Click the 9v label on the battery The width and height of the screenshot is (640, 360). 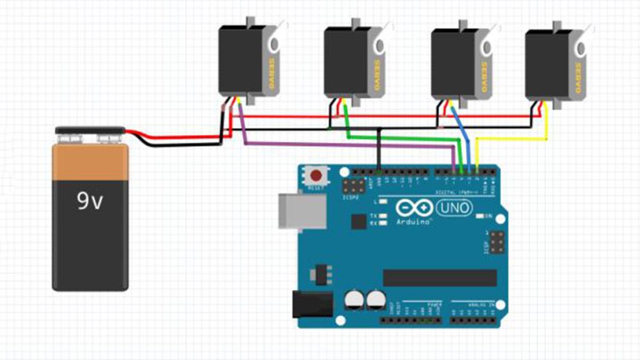90,201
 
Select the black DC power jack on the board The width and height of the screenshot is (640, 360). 312,304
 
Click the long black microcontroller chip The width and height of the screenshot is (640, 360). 440,278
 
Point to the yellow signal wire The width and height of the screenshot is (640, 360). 512,139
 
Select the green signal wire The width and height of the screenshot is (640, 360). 400,137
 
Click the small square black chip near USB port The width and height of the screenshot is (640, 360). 359,221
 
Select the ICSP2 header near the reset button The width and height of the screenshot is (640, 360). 354,186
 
